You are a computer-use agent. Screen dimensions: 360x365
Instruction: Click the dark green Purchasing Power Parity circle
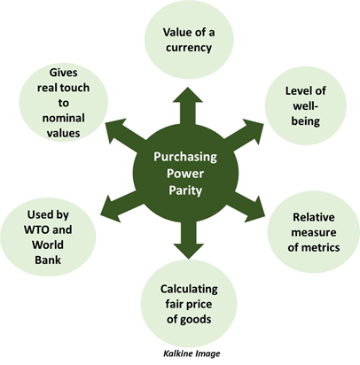tap(185, 174)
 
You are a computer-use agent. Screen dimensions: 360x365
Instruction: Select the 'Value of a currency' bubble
tap(189, 40)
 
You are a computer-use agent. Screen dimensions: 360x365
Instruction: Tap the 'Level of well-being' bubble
tap(305, 105)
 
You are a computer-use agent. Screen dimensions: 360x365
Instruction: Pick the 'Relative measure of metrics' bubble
tap(314, 232)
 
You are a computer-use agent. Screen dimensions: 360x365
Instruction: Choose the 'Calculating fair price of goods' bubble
tap(189, 304)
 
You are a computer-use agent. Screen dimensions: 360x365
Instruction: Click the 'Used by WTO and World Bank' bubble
tap(48, 237)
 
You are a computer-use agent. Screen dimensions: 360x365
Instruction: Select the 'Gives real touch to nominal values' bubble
tap(64, 102)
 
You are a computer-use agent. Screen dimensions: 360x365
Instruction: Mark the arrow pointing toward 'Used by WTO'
tap(121, 206)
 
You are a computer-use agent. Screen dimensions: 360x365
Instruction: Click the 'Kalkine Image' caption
tap(192, 353)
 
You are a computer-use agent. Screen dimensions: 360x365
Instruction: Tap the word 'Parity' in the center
tap(185, 190)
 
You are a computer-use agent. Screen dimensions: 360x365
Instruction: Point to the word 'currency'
tap(189, 48)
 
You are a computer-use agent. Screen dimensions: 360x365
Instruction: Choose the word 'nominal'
tap(64, 118)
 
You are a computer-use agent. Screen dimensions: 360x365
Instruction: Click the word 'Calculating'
tap(189, 289)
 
